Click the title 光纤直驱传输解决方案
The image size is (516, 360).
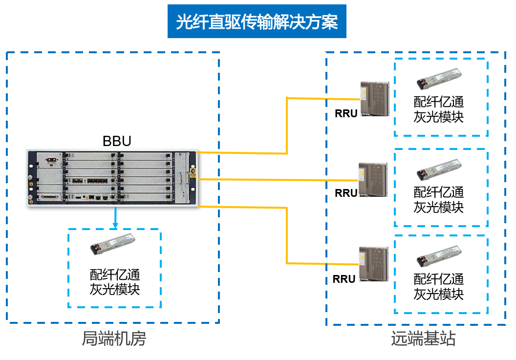(x=257, y=21)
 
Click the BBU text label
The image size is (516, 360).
(x=117, y=141)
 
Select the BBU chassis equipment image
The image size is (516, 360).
(x=113, y=178)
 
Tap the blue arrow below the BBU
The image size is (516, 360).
(x=115, y=218)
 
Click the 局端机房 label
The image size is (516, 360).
(x=113, y=339)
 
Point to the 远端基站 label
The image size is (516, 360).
(x=423, y=339)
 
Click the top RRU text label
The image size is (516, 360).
(x=346, y=113)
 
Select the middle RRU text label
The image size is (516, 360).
(x=346, y=193)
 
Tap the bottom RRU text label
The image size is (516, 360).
(x=344, y=279)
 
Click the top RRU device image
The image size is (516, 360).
(x=374, y=99)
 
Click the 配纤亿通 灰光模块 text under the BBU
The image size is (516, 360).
(x=115, y=282)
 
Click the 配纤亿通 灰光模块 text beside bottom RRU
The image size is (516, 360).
(x=439, y=287)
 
